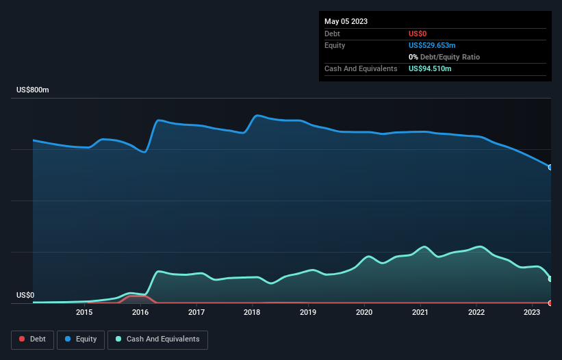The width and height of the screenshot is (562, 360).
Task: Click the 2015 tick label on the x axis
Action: tap(84, 313)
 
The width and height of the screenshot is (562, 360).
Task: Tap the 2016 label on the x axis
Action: tap(140, 313)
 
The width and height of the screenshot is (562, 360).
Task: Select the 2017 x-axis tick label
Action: tap(196, 313)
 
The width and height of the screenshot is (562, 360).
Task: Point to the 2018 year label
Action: tap(252, 313)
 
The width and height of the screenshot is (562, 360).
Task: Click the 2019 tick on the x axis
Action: tap(308, 313)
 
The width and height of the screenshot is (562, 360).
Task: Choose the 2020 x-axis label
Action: tap(364, 313)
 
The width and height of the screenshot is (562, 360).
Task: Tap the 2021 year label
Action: tap(420, 313)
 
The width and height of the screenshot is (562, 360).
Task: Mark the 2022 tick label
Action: tap(476, 313)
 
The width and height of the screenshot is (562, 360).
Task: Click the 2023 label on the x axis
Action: tap(532, 313)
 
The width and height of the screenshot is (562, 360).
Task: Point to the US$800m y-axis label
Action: tap(33, 90)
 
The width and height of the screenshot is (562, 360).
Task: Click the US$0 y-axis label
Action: tap(25, 296)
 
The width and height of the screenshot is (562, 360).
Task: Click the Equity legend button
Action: tap(81, 339)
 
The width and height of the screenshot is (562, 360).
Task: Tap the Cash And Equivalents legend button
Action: tap(157, 339)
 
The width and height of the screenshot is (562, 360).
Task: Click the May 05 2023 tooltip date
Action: tap(346, 21)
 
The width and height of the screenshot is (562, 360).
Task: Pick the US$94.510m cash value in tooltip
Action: tap(430, 68)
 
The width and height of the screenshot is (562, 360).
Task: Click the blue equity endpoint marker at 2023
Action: tap(550, 167)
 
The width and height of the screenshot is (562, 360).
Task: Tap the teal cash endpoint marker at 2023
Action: tap(550, 279)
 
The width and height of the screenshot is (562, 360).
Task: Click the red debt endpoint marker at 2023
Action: tap(550, 303)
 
